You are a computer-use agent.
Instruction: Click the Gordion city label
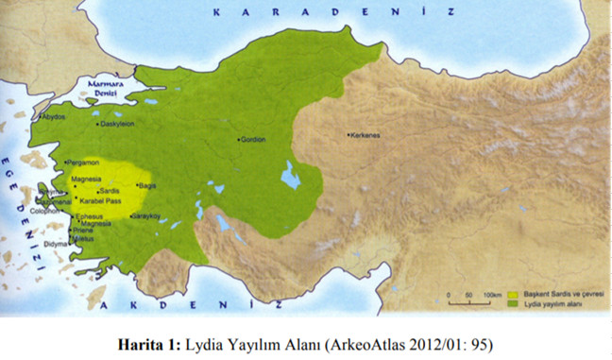(252, 140)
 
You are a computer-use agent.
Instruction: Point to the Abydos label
(54, 117)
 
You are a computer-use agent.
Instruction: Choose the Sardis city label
(109, 190)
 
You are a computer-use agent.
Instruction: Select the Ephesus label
(89, 215)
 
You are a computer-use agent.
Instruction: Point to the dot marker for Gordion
(240, 140)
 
